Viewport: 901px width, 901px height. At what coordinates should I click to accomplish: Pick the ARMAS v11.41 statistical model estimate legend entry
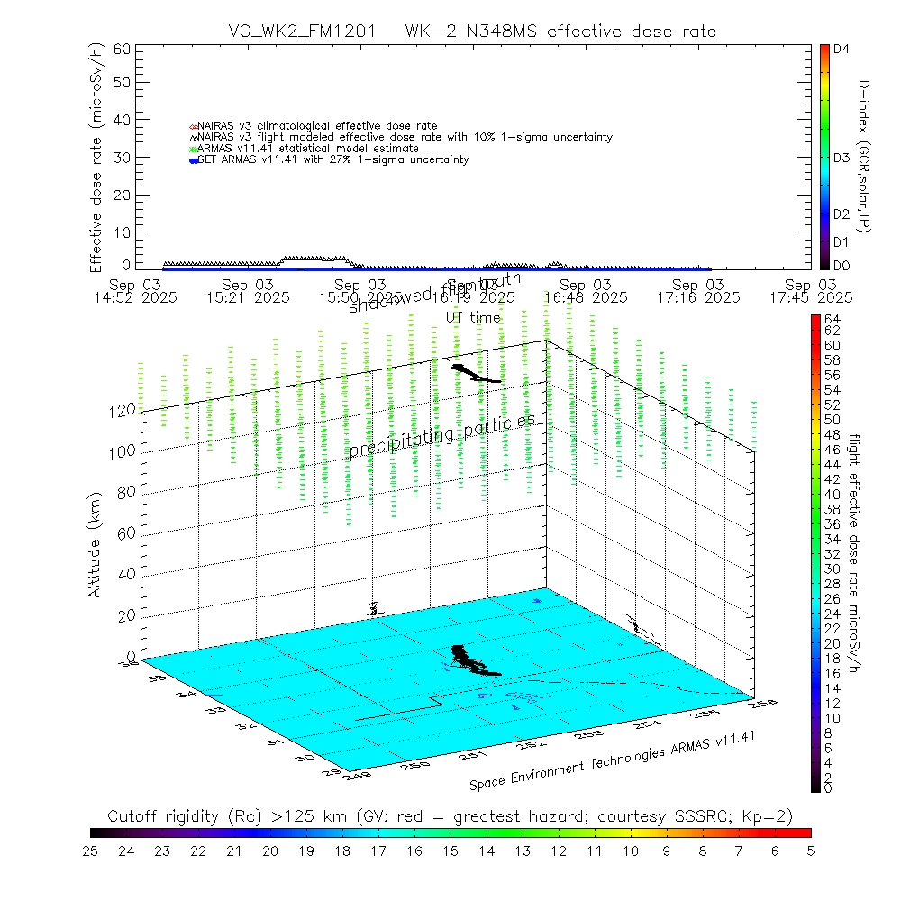click(307, 148)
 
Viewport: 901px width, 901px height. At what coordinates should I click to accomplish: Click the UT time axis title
click(473, 317)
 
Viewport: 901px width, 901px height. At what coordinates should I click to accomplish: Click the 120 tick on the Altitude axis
click(123, 409)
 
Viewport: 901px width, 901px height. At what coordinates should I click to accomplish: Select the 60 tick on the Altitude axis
click(123, 532)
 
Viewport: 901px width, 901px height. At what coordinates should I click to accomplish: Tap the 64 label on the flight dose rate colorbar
click(832, 319)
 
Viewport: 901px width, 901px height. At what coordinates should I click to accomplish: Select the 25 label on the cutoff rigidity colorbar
click(91, 850)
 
